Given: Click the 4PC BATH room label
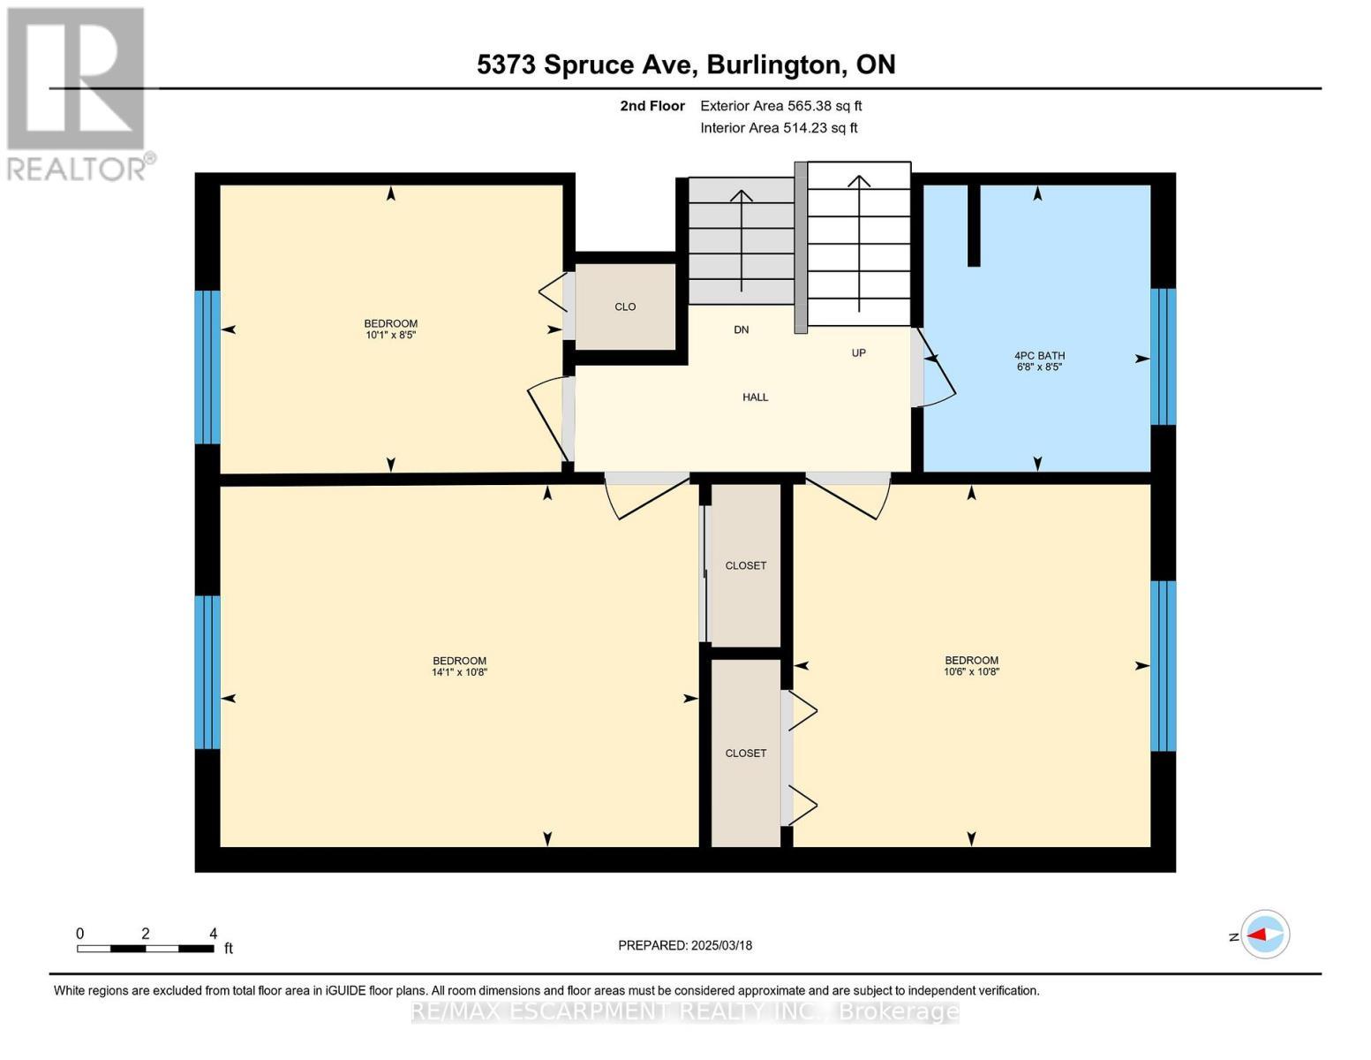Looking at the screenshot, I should tap(1039, 355).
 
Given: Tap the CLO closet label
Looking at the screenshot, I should tap(625, 307).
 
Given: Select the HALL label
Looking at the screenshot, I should tap(755, 397).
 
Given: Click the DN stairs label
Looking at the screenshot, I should tap(741, 329).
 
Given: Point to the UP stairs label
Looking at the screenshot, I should tap(858, 352).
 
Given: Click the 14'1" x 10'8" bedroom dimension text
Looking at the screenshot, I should tap(459, 672).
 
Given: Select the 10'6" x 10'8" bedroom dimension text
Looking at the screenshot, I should tap(971, 671).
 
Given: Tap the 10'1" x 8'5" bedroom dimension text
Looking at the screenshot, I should tap(390, 335).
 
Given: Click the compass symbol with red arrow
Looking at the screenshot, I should tap(1265, 934).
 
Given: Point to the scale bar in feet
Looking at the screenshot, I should tap(146, 948).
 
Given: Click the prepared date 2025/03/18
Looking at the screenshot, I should tap(684, 945).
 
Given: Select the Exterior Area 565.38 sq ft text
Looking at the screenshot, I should tap(780, 106).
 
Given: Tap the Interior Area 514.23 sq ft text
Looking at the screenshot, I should tap(779, 128).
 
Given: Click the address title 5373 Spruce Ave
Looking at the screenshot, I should tap(685, 64).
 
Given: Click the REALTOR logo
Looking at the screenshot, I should tap(78, 93).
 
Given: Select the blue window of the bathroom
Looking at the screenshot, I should tap(1164, 356).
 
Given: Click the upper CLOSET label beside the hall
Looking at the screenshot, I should tap(745, 565).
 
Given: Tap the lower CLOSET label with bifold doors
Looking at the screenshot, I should tap(745, 753).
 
